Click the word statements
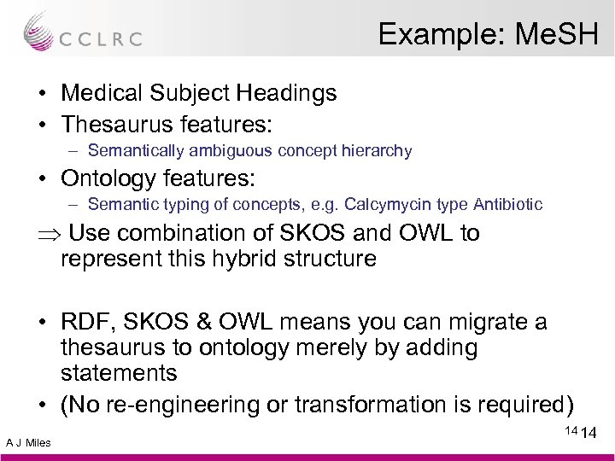coord(120,372)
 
